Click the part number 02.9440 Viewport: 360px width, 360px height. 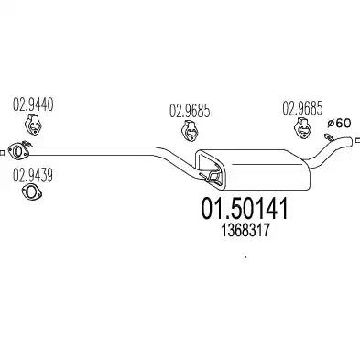(x=33, y=104)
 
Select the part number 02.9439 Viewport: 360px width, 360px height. (x=33, y=175)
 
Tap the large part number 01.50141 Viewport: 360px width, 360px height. (x=245, y=208)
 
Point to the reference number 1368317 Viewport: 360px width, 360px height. (x=245, y=230)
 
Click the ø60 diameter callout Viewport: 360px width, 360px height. (x=339, y=124)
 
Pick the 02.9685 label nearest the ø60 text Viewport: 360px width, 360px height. (x=302, y=108)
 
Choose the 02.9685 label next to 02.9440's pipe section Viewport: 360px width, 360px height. (x=190, y=111)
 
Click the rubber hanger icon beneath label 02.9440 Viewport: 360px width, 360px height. (x=33, y=125)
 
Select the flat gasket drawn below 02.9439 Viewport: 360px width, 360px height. (x=32, y=192)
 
